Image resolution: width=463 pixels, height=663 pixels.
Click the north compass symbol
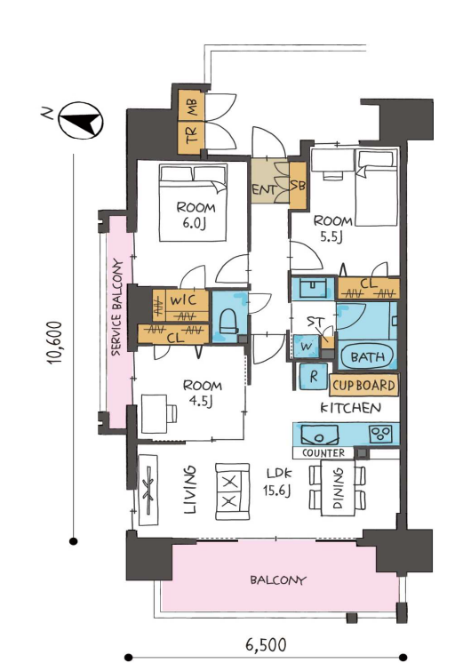[x=80, y=120]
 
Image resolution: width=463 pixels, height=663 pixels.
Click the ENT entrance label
[x=264, y=189]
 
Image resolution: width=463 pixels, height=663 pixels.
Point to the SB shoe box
[x=298, y=185]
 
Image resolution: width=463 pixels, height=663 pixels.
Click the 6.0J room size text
[x=194, y=223]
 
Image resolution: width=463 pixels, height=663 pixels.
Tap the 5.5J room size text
[x=331, y=236]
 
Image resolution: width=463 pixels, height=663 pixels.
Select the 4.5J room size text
[x=201, y=401]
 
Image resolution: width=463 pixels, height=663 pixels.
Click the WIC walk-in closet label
[x=183, y=300]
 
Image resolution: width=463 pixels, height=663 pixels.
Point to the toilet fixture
[x=229, y=324]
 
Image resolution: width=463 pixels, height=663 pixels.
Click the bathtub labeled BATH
[x=367, y=356]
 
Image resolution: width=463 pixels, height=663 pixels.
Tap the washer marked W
[x=307, y=347]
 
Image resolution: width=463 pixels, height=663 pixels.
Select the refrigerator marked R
[x=314, y=376]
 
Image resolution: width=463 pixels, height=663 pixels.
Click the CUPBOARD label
[x=363, y=385]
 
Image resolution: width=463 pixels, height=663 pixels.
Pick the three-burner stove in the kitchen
[x=380, y=433]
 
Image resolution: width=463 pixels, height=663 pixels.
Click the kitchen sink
[x=319, y=435]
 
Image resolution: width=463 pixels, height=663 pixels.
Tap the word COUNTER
[x=323, y=453]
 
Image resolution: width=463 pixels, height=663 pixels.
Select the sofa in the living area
[x=232, y=491]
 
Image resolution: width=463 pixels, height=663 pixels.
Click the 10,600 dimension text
[x=55, y=343]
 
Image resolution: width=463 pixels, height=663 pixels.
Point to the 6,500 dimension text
[x=266, y=645]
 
